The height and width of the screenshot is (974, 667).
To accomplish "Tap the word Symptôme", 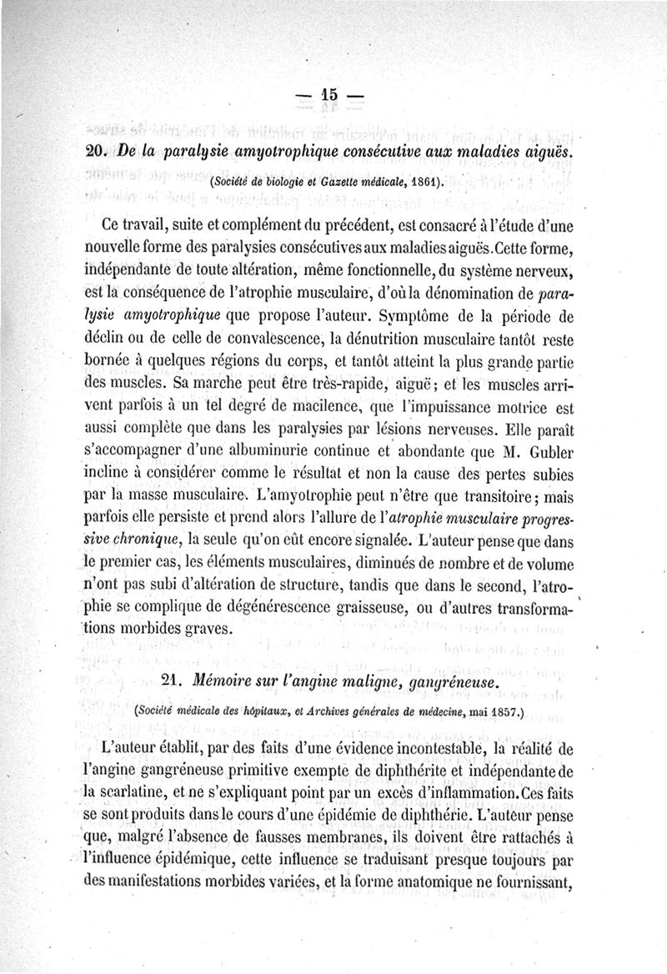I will [419, 318].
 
